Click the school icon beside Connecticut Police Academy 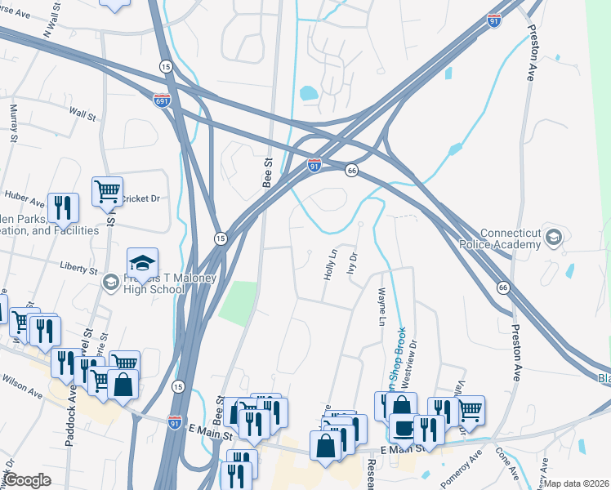(554, 237)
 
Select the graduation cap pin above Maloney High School (142, 262)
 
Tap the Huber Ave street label (23, 196)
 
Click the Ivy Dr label (354, 263)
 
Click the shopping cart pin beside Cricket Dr (107, 192)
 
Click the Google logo (28, 480)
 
